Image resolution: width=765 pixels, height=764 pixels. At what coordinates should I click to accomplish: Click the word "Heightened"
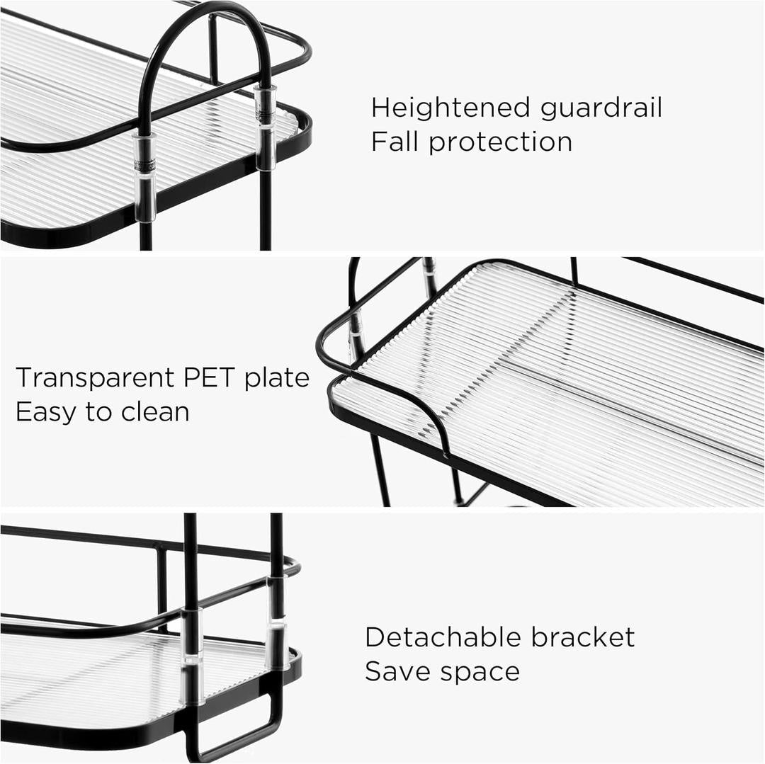point(451,108)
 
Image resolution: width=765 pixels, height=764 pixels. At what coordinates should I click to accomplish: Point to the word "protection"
point(500,142)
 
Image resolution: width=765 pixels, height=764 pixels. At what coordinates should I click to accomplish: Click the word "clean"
point(155,411)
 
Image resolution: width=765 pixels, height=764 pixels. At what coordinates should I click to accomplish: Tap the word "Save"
point(396,671)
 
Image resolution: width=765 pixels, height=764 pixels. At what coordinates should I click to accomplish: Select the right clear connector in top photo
point(266,127)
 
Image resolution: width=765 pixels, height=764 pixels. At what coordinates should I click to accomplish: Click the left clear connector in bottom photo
point(192,655)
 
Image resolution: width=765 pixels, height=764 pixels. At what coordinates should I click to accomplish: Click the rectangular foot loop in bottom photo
point(234,729)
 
